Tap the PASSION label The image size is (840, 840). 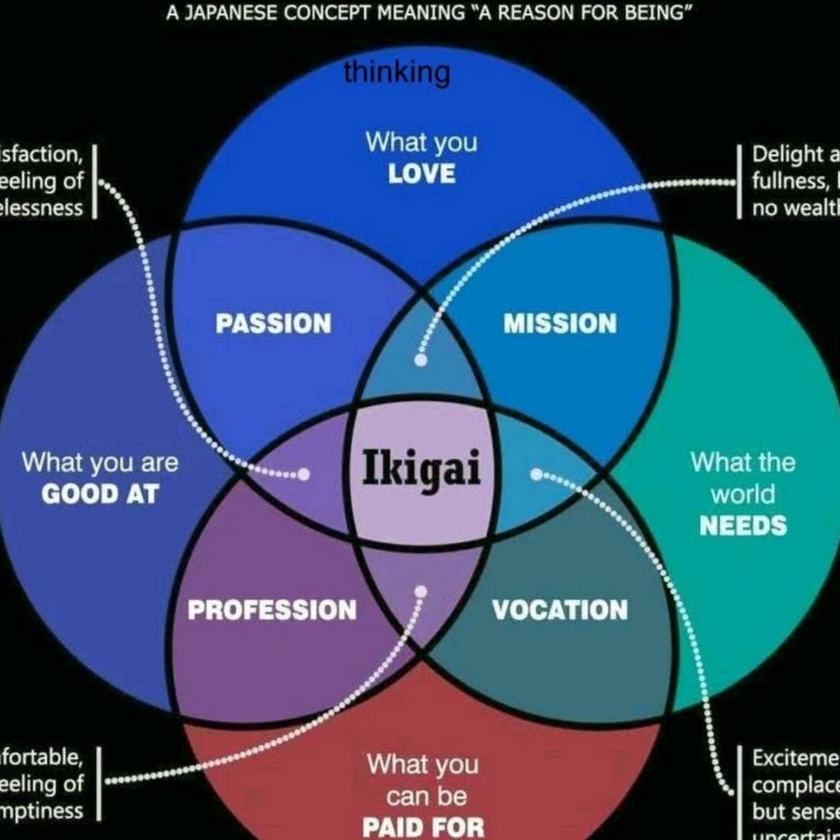(x=273, y=324)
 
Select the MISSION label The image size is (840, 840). (x=560, y=324)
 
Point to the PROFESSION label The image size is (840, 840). (x=272, y=610)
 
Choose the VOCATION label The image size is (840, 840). (x=560, y=610)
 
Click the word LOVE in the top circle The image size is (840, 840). (x=422, y=174)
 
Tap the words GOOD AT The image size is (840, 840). (x=100, y=494)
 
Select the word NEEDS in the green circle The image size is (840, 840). (x=743, y=525)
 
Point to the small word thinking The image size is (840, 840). (x=397, y=72)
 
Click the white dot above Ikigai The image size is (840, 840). (x=421, y=357)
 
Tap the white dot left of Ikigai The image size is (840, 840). (x=304, y=474)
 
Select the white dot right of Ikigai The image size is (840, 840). (x=536, y=474)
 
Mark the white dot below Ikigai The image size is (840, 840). (x=421, y=591)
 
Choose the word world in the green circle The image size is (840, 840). (x=743, y=494)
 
